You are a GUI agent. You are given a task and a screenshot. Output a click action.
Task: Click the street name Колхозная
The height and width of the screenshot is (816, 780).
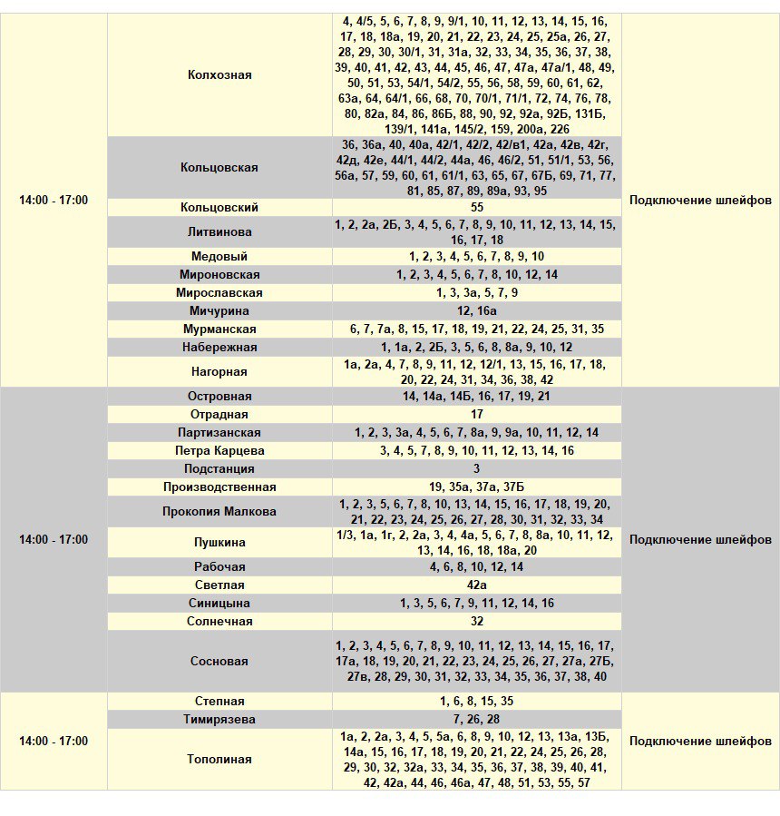pos(219,75)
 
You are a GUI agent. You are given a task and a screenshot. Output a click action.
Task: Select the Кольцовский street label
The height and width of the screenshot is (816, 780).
pos(219,208)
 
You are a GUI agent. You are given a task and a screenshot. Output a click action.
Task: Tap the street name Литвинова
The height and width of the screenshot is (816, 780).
pos(219,232)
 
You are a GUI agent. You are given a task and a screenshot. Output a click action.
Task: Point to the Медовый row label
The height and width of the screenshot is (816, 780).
pos(219,257)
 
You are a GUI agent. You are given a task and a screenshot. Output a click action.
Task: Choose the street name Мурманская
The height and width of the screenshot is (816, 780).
pos(219,329)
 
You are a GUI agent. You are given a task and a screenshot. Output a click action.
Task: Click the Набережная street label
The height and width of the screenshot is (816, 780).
pos(219,348)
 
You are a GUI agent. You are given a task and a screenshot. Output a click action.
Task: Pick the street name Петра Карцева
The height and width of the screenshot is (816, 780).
pos(219,451)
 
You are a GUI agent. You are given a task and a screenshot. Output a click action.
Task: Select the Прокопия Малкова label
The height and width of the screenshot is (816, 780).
pos(219,512)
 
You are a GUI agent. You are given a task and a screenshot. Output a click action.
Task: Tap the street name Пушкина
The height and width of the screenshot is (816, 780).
pos(219,543)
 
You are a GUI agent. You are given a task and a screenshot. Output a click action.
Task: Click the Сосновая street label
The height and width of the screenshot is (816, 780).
pos(219,662)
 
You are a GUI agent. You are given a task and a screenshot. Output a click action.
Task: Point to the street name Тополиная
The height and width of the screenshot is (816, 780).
pos(219,760)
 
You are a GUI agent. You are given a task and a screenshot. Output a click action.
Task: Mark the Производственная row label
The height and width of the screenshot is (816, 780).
pos(219,487)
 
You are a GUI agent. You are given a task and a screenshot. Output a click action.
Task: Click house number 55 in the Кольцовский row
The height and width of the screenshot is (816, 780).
pos(477,208)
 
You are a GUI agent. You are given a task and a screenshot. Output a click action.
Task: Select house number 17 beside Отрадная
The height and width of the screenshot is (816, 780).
pos(477,415)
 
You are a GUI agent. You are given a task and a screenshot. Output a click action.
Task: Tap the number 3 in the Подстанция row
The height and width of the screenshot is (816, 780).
pos(477,469)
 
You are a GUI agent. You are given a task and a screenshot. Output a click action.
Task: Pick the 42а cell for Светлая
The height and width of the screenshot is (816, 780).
pos(477,585)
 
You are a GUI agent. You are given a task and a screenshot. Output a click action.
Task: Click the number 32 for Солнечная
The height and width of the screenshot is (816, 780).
pos(477,622)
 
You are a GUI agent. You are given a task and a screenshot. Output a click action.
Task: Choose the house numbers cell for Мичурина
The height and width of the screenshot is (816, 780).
pos(477,311)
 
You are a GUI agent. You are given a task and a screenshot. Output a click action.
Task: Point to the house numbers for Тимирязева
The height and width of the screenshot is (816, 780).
pos(477,720)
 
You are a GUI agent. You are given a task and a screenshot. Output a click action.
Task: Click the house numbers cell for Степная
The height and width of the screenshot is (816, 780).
pos(477,702)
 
